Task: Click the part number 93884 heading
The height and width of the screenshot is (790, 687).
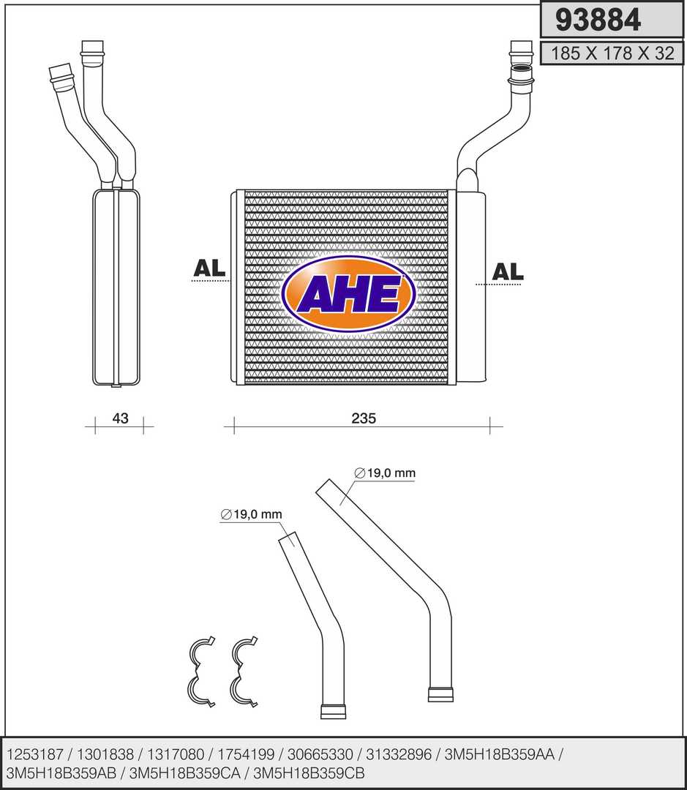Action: (x=598, y=20)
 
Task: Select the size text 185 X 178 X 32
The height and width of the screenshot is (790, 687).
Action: (x=612, y=53)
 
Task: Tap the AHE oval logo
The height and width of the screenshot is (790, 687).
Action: (x=349, y=294)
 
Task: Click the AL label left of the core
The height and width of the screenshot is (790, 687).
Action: (x=209, y=268)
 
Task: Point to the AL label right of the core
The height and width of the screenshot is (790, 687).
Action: (x=508, y=271)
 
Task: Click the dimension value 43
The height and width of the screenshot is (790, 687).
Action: (x=120, y=418)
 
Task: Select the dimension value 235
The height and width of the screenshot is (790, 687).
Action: (x=364, y=418)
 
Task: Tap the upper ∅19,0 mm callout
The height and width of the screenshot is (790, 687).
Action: (x=385, y=473)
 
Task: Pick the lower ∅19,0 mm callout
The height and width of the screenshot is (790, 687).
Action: (x=251, y=514)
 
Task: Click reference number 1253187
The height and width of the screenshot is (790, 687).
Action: (x=35, y=754)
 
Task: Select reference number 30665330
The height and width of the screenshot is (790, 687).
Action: (x=320, y=754)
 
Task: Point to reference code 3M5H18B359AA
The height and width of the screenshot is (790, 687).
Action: (x=499, y=754)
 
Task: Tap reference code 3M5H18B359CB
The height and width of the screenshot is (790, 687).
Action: (x=309, y=773)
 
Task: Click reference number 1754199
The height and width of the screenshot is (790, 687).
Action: (x=246, y=754)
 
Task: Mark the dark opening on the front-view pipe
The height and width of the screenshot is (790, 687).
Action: (x=521, y=69)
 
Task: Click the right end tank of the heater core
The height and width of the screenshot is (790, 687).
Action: (x=470, y=286)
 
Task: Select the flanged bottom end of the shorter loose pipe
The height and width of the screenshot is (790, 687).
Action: (x=333, y=711)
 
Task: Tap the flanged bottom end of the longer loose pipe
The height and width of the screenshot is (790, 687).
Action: (x=440, y=694)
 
